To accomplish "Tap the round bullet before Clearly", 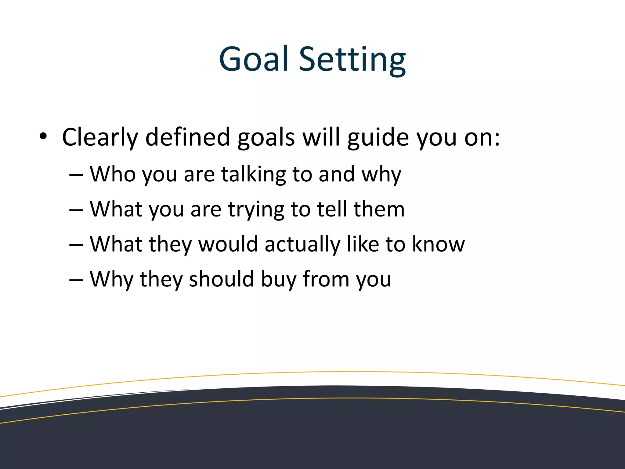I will tap(43, 136).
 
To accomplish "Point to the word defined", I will tap(187, 137).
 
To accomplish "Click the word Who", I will tap(113, 174).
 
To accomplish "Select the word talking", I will tap(253, 175).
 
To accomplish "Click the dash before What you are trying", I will tap(76, 210).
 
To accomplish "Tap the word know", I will tap(438, 244).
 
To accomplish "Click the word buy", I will tap(278, 280).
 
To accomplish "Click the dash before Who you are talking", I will tap(76, 175).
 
